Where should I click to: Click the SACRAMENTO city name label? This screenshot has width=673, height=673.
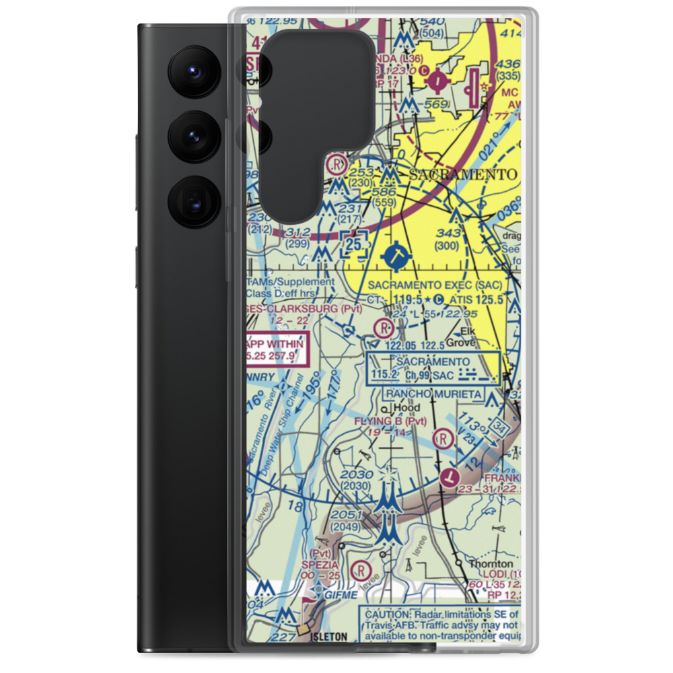click(463, 175)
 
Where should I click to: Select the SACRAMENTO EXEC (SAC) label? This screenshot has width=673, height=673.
click(435, 285)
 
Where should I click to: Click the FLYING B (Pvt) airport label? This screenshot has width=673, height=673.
click(391, 421)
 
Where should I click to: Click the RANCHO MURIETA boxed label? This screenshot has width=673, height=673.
click(433, 393)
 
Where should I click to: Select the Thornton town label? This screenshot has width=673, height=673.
click(491, 564)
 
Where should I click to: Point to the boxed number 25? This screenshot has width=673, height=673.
click(356, 244)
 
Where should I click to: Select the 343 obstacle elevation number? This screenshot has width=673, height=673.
click(448, 234)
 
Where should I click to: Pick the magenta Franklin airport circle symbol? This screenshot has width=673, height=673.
click(449, 477)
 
